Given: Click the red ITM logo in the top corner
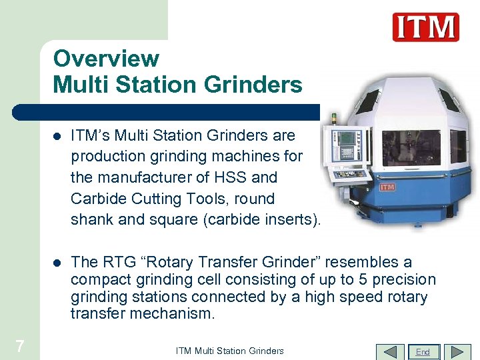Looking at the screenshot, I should [425, 27].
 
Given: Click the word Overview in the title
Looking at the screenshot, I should [106, 59].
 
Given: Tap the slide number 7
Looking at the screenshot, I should [20, 345].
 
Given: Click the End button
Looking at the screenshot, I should [423, 351].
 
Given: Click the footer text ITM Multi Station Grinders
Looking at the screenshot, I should [229, 351].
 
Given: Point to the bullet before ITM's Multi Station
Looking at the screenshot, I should [57, 136].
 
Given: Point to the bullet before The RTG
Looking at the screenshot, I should [57, 263].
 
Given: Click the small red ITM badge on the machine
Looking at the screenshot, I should [387, 187].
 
